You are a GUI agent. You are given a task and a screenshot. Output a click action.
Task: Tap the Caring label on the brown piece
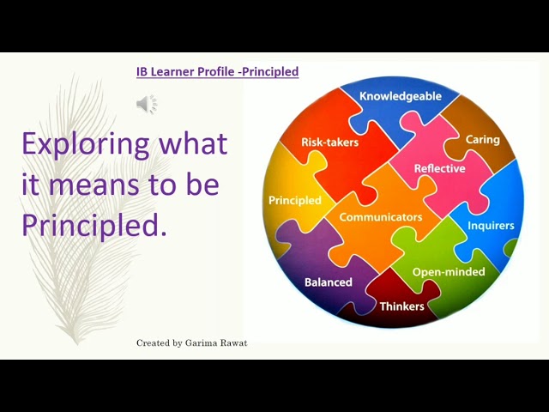click(x=482, y=138)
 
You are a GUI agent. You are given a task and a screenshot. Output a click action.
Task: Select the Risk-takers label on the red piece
click(x=329, y=142)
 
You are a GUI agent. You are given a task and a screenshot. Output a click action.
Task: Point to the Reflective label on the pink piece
click(x=439, y=168)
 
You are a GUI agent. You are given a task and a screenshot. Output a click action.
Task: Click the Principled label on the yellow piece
click(x=294, y=201)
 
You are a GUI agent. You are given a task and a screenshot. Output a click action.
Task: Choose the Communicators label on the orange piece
click(x=380, y=217)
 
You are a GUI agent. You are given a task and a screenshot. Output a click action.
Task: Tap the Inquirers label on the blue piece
click(x=491, y=226)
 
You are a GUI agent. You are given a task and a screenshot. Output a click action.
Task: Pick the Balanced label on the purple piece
click(x=328, y=282)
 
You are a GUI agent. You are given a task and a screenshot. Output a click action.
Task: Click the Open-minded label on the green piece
click(x=449, y=272)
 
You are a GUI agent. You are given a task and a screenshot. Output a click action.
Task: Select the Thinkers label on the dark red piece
click(x=402, y=306)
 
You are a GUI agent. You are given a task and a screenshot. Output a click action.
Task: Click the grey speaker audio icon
click(x=147, y=105)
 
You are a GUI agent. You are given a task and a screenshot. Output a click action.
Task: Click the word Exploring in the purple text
click(x=79, y=143)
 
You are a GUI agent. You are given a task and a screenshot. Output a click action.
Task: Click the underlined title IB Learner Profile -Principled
click(x=217, y=72)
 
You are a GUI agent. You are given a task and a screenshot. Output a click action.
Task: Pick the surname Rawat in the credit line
click(x=233, y=343)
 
